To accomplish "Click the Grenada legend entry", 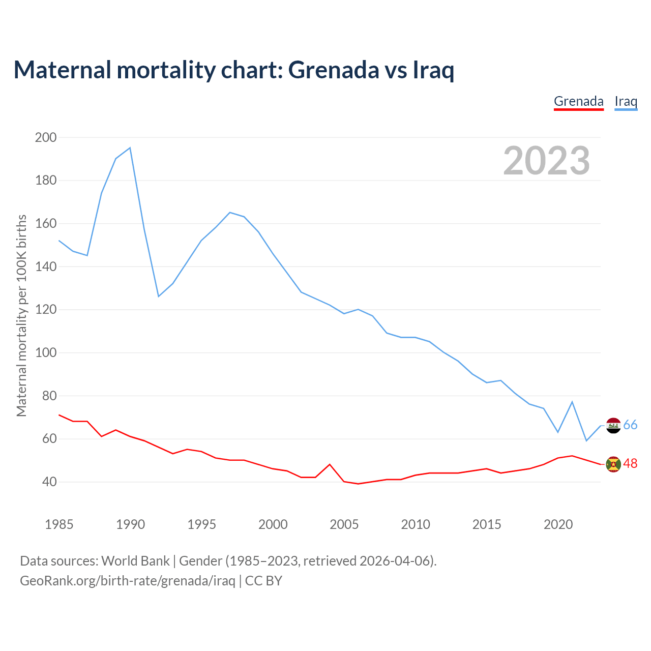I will [578, 101].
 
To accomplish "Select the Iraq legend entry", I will [626, 101].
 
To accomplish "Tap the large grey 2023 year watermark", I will [547, 161].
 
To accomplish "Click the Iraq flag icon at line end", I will [613, 426].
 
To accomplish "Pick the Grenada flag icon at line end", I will [613, 464].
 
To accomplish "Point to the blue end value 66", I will [631, 425].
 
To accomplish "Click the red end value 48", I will [631, 464].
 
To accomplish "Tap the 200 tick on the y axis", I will [46, 137].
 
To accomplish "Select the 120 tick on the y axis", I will [46, 310].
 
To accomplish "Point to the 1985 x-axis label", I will [59, 524].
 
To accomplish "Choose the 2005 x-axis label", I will [344, 524].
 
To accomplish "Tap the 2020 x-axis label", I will [558, 524].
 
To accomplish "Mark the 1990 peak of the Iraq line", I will [130, 148].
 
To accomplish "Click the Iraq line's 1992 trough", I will [159, 296].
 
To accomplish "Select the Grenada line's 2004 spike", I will [330, 464].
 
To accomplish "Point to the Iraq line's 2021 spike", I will [572, 402].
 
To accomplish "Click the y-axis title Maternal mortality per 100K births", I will [21, 315].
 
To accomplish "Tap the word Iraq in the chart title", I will [433, 70].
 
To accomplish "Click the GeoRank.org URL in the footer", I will [128, 581].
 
